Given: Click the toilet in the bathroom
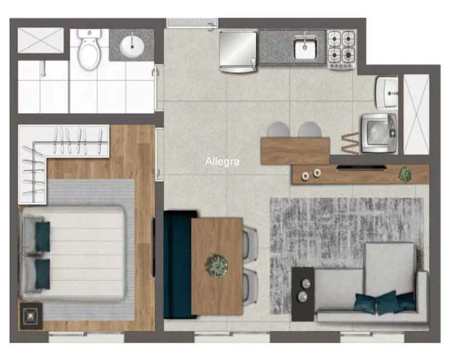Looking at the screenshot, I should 88,50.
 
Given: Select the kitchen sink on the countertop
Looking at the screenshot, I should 305,47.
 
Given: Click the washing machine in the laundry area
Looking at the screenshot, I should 379,133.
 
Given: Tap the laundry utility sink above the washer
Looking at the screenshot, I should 386,92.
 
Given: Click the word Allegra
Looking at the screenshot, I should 222,162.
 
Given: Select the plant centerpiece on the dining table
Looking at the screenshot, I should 217,265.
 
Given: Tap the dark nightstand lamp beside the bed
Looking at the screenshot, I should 30,316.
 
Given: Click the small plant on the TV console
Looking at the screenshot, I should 405,174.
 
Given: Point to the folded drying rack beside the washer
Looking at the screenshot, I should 350,143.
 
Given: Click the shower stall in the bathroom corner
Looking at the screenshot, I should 41,40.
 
